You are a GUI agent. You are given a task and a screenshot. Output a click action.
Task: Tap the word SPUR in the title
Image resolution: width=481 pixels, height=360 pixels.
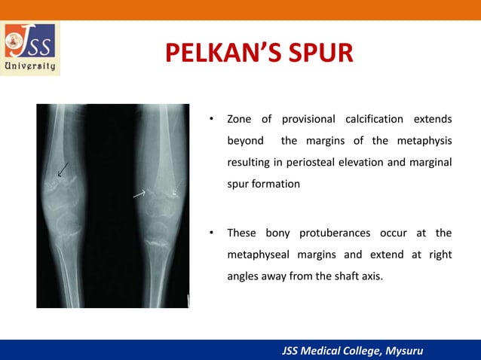(x=322, y=55)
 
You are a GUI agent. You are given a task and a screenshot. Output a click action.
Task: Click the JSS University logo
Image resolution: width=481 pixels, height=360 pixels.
(x=31, y=48)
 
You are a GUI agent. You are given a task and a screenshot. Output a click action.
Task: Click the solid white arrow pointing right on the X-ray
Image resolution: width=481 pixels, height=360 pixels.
(x=139, y=194)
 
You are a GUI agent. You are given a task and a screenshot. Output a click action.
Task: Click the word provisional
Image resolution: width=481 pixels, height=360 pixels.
(x=308, y=120)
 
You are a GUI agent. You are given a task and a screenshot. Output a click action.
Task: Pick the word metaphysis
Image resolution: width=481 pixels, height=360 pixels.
(x=427, y=141)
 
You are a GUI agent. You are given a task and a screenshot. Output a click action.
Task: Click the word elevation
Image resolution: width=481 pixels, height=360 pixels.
(x=369, y=162)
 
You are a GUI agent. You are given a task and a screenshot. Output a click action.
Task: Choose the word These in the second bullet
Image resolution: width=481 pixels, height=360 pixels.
(x=242, y=233)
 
